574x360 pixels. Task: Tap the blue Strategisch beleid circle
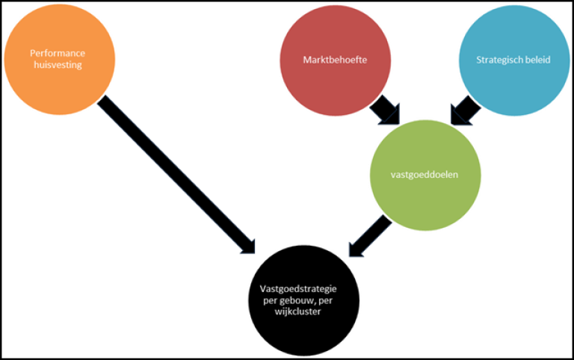tap(513, 60)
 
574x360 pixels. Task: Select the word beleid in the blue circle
tap(537, 60)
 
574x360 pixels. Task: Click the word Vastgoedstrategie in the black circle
tap(294, 288)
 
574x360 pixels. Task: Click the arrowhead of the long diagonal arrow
tap(247, 243)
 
